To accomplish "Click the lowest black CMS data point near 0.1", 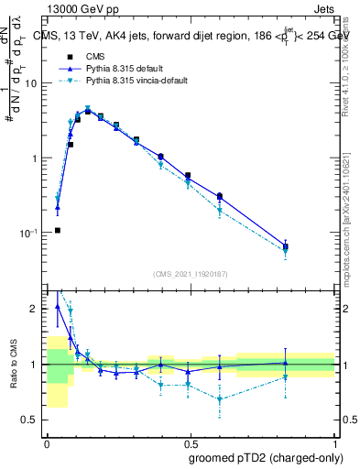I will pyautogui.click(x=58, y=230).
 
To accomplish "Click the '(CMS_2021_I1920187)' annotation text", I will pyautogui.click(x=191, y=273).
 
